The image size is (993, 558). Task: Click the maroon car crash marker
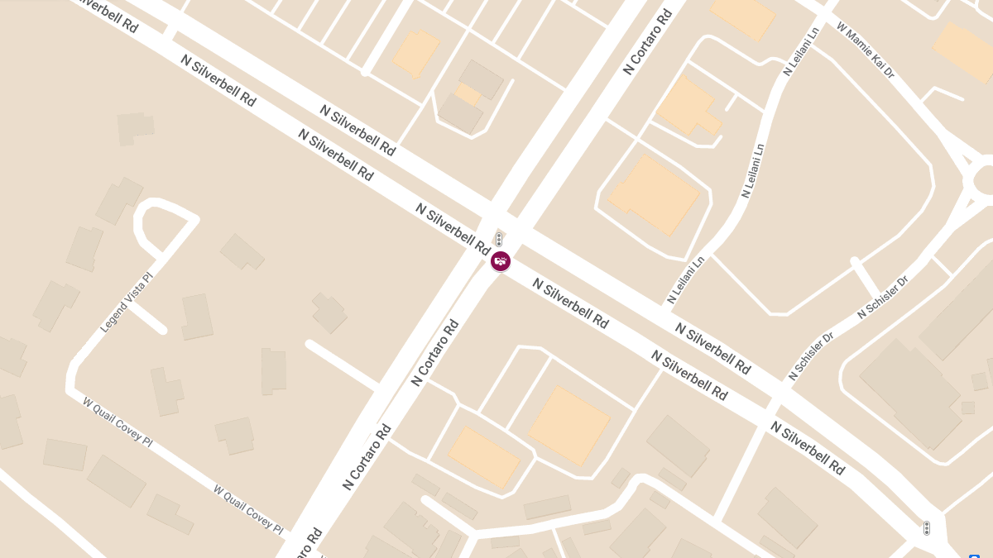500,261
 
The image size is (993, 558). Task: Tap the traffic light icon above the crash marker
499,240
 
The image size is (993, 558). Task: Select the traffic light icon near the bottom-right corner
926,527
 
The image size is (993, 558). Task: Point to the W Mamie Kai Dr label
866,50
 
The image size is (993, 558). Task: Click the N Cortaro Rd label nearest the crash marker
434,353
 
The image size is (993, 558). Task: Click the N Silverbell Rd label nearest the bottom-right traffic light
808,447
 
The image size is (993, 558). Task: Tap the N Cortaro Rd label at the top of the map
648,41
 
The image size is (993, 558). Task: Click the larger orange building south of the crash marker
569,425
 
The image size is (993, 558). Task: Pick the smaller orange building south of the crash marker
484,456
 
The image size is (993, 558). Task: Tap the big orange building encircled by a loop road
654,195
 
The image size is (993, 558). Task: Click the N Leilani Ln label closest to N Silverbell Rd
686,279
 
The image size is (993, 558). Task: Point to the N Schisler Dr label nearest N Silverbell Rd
811,356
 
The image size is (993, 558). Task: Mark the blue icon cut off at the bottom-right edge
974,556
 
